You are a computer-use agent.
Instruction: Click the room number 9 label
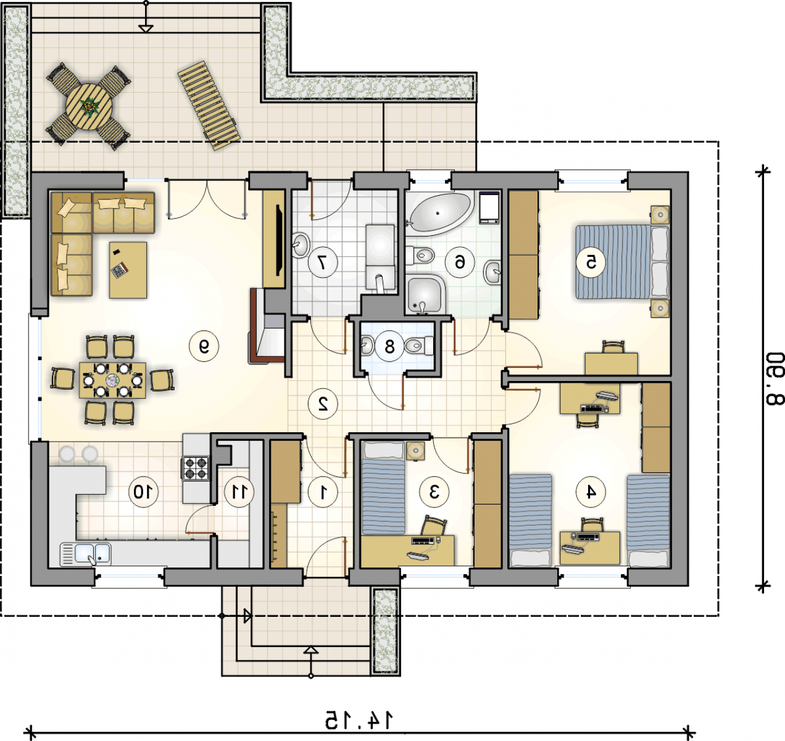pos(204,346)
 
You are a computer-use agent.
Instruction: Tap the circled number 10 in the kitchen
pos(143,492)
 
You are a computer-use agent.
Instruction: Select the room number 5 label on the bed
pos(591,262)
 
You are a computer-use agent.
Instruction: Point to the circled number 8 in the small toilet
pos(390,346)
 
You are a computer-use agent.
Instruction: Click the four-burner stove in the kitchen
pos(195,469)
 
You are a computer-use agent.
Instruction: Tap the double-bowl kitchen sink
pos(86,554)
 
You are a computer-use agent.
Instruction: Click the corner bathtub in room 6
pos(440,214)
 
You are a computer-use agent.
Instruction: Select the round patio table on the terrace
pos(89,107)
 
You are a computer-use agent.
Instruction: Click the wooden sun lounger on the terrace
pos(209,106)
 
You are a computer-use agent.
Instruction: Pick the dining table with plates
pos(113,380)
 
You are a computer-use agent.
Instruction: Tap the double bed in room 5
pos(622,262)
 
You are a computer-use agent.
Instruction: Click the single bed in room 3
pos(383,488)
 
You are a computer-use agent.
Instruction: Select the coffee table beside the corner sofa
pos(128,270)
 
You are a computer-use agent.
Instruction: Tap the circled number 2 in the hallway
pos(323,403)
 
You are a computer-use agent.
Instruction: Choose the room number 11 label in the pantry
pos(239,492)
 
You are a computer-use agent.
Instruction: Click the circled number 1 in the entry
pos(323,492)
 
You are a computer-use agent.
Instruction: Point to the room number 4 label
pos(591,492)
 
